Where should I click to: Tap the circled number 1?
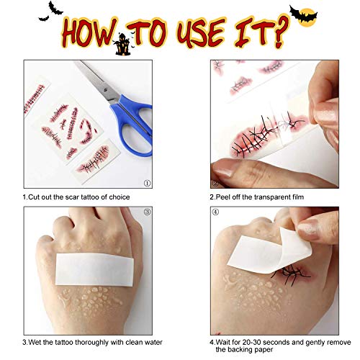click(146, 183)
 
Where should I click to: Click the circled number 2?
click(215, 183)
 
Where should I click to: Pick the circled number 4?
click(215, 212)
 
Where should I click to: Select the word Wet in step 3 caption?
click(34, 341)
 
